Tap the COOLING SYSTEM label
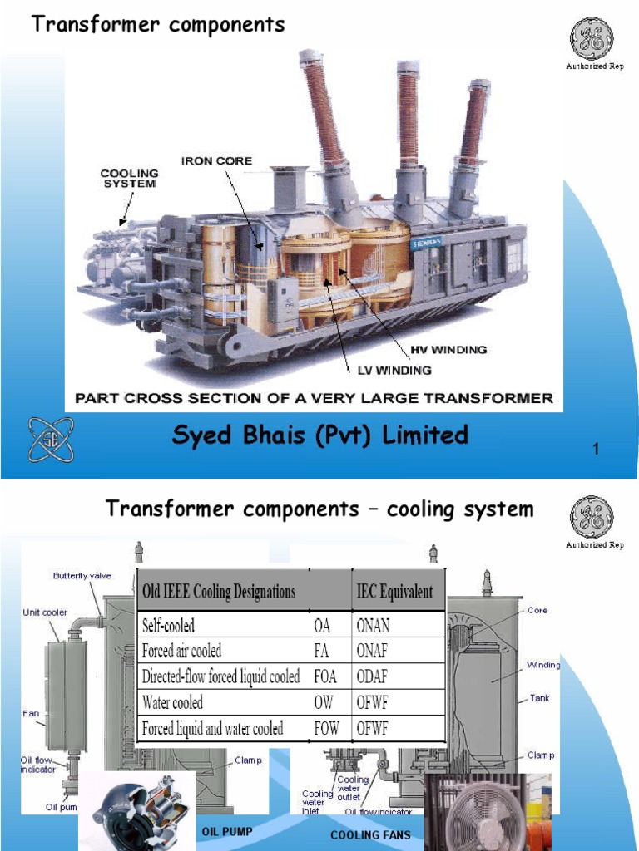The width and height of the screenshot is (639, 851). coord(129,178)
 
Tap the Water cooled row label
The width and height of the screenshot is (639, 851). coord(172,702)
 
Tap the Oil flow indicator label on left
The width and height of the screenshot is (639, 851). coord(38,765)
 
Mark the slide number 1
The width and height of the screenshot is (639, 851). coord(596,450)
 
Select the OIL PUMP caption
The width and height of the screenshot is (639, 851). coord(227,830)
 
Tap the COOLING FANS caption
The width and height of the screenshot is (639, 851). coord(370,834)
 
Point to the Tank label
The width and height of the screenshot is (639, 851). coord(540,698)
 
